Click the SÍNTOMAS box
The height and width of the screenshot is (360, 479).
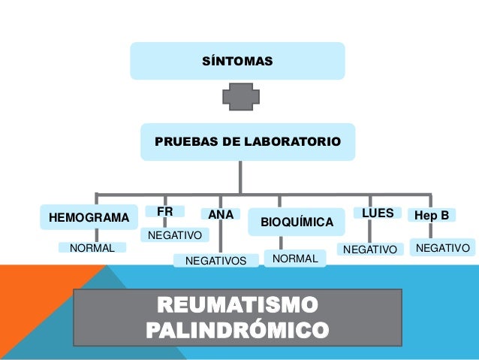pos(237,60)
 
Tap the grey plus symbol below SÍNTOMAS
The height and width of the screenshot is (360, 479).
pos(241,97)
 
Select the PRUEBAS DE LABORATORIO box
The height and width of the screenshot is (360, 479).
pos(247,141)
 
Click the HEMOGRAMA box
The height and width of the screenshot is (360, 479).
pos(89,218)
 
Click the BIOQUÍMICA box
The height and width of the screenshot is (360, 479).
pos(297,222)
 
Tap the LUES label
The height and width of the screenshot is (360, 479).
pos(378,213)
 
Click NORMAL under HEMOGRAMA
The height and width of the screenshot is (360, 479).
pos(92,248)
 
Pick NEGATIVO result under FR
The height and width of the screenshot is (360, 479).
pos(175,236)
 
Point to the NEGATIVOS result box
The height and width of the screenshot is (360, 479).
pos(215,261)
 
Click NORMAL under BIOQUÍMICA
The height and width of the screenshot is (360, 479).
pos(295,259)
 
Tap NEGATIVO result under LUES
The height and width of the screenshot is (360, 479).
pos(369,249)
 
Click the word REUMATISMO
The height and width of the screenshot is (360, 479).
pos(236,306)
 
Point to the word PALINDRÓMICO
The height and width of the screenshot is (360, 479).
pos(236,330)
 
